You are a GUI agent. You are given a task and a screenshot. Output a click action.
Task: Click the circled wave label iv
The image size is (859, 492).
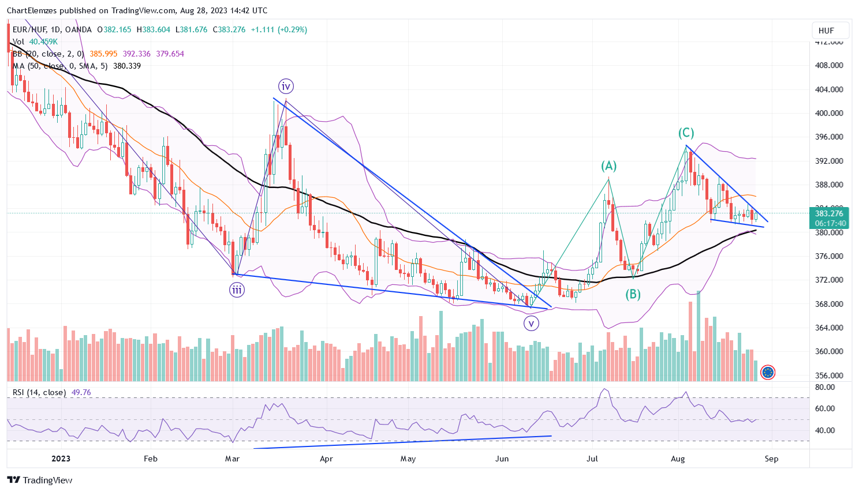(286, 87)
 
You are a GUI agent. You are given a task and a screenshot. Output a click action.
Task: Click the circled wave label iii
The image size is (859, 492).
(237, 290)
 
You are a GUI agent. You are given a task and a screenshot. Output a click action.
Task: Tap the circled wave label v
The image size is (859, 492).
(531, 324)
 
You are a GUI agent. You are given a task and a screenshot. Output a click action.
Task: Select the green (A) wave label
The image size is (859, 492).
(608, 166)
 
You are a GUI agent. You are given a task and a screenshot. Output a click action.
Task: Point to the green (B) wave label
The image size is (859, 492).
(633, 295)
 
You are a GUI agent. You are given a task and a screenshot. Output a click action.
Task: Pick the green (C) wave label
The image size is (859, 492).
(686, 133)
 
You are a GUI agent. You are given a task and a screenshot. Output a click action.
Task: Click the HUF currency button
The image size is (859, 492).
(826, 31)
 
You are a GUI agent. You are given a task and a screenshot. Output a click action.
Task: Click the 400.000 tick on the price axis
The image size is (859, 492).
(828, 113)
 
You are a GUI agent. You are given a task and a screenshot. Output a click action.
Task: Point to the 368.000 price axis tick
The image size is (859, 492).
(828, 304)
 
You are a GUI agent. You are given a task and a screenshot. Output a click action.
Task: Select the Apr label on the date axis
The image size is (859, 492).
(326, 459)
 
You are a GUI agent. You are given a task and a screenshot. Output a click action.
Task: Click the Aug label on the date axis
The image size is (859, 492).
(678, 459)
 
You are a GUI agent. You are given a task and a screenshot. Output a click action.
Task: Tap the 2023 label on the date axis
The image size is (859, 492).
(61, 459)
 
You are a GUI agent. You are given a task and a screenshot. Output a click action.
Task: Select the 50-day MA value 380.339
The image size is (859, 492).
(127, 66)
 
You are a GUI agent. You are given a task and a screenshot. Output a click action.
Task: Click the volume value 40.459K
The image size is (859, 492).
(43, 42)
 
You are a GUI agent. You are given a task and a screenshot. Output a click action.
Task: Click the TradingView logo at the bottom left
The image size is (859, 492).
(40, 480)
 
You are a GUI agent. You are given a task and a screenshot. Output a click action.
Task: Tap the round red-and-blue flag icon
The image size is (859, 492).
(768, 373)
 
